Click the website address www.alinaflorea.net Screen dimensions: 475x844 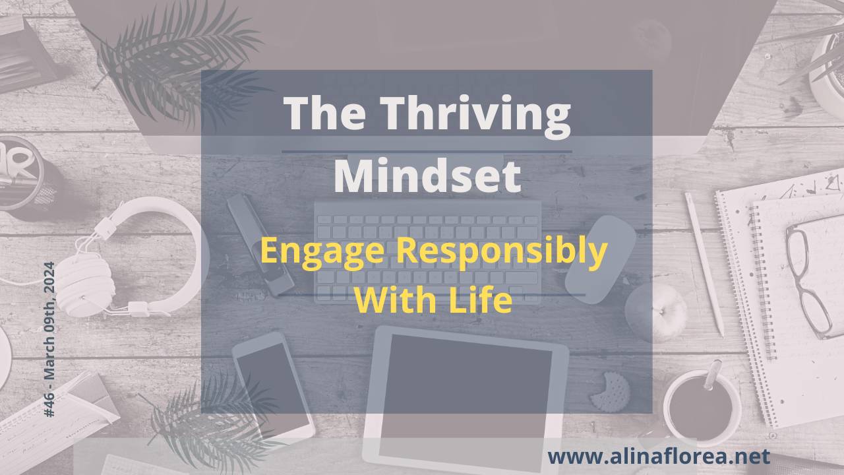[658, 456]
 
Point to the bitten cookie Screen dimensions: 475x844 [610, 391]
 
